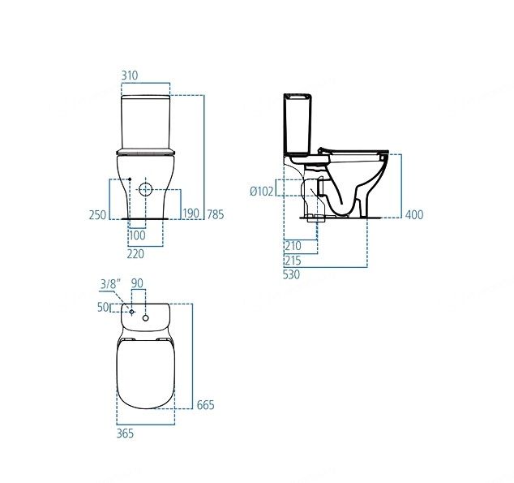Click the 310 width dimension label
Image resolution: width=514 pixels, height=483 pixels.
point(130,75)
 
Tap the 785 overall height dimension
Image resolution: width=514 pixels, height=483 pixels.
point(216,214)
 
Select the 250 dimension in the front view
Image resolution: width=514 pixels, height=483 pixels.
point(97,215)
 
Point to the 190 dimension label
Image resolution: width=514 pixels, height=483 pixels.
point(191,213)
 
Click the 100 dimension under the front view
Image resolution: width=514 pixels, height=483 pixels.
point(137,235)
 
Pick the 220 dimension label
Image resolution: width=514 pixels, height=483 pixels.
point(135,253)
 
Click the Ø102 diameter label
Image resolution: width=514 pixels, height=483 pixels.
point(262,191)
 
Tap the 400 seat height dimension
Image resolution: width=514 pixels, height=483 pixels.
point(414,214)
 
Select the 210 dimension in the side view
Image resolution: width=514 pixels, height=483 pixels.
point(293,245)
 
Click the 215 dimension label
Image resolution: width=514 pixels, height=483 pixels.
point(293,261)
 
